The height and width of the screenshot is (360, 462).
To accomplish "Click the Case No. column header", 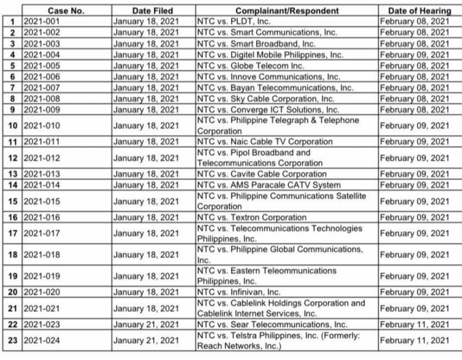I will pyautogui.click(x=66, y=11).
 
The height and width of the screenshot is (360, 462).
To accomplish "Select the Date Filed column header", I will pyautogui.click(x=153, y=11).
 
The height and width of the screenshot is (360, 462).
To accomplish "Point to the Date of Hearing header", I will pyautogui.click(x=419, y=11).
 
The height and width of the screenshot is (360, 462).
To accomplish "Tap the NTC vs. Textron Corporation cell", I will pyautogui.click(x=251, y=218).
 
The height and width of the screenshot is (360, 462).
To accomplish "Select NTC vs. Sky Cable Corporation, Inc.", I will pyautogui.click(x=266, y=99).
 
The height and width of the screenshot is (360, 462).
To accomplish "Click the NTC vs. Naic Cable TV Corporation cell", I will pyautogui.click(x=265, y=142).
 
